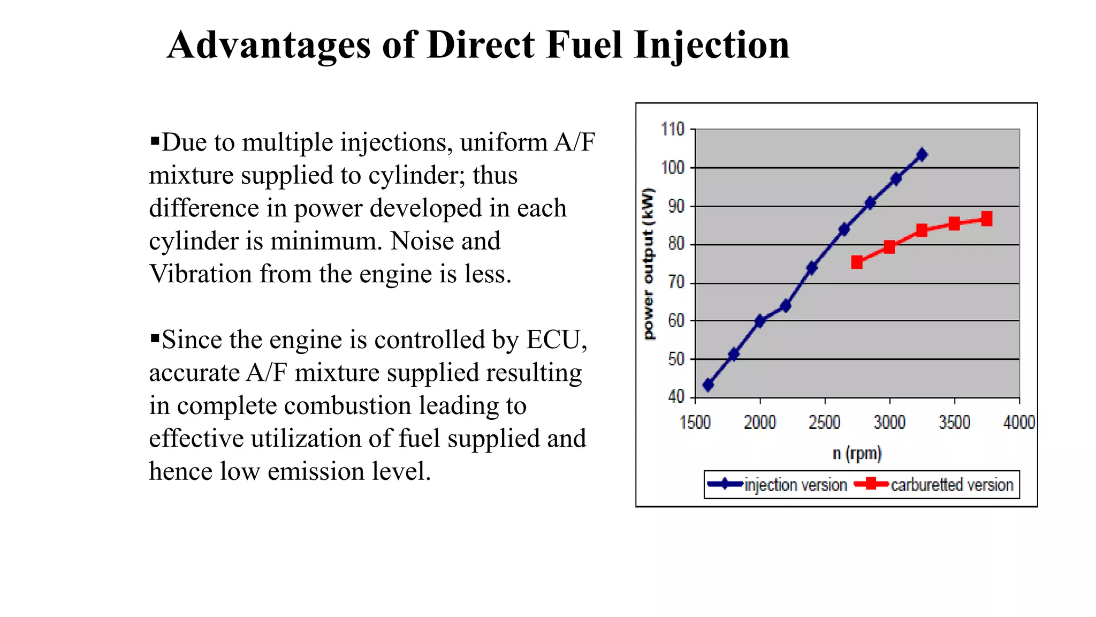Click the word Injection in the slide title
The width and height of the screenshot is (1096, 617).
tap(711, 45)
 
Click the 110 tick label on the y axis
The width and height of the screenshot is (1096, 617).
tap(673, 130)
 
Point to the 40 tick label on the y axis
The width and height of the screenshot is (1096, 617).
tap(676, 397)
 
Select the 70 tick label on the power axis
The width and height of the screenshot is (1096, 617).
tap(676, 282)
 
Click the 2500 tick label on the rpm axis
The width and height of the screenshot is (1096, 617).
tap(824, 423)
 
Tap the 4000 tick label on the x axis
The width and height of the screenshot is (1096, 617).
tap(1019, 423)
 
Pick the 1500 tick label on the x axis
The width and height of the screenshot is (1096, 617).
tap(695, 423)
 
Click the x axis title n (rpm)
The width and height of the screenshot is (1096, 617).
tap(857, 454)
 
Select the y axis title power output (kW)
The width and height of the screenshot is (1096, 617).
tap(649, 264)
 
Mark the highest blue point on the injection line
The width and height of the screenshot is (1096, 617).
tap(922, 155)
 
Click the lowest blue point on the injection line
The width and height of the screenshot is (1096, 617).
tap(708, 385)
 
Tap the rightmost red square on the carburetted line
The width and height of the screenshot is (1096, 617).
tap(987, 219)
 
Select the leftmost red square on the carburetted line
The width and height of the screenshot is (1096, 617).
tap(857, 262)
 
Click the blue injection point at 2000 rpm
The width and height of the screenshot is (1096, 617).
tap(759, 321)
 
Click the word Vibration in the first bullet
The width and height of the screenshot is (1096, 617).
tap(201, 274)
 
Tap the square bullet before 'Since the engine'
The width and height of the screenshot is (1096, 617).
tap(155, 338)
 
